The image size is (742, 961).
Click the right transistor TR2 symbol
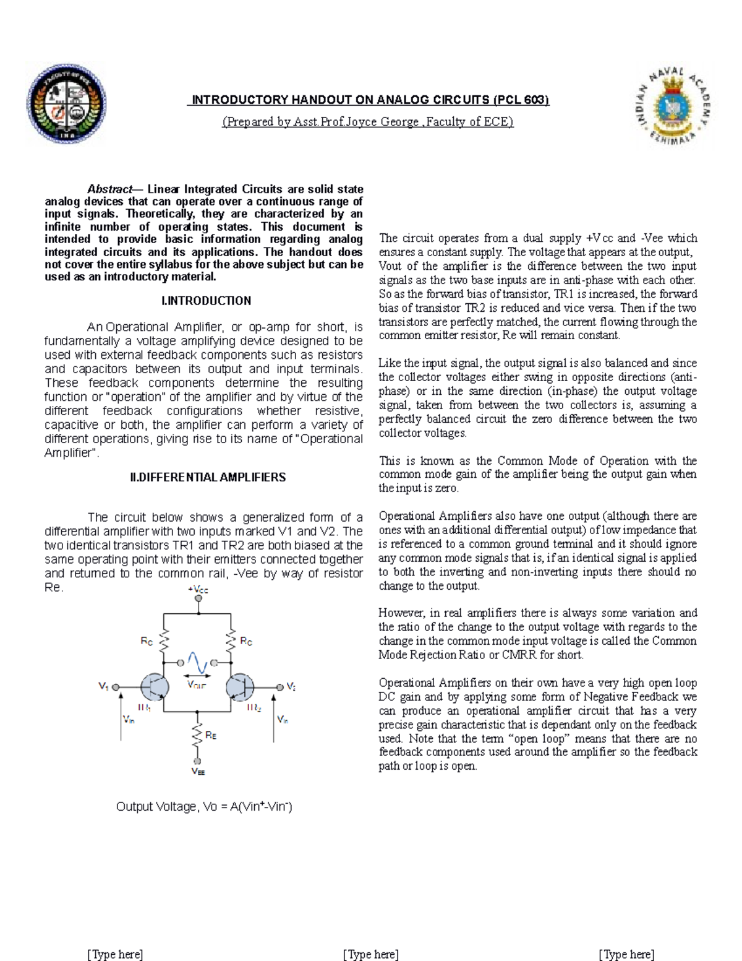coord(241,686)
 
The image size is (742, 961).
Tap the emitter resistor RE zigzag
coord(198,736)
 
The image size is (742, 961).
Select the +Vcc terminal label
coord(198,590)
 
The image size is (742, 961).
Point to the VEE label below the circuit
coord(198,772)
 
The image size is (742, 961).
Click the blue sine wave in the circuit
coord(197,663)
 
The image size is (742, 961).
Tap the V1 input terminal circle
coord(116,687)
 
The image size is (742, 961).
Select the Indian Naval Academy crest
coord(673,105)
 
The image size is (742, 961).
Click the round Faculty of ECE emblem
coord(66,104)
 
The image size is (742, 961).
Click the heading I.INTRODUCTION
coord(206,301)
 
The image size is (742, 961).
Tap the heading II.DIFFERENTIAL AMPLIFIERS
coord(208,477)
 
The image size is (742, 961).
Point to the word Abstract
coord(109,189)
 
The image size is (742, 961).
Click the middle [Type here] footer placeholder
coord(370,954)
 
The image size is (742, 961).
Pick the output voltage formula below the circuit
coord(204,806)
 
